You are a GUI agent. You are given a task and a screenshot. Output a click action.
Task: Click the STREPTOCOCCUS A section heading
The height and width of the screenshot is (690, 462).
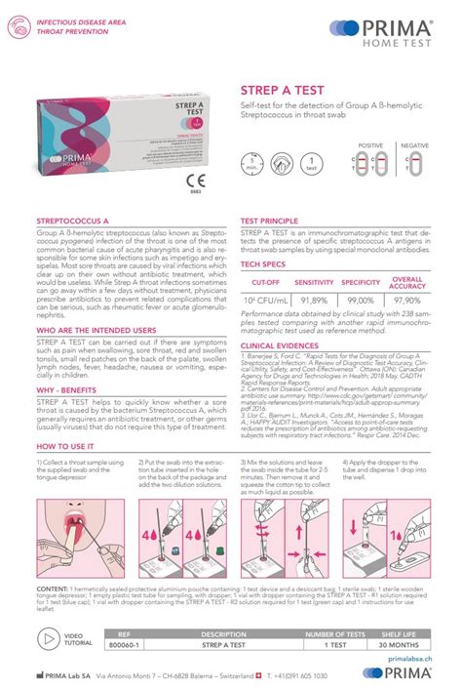[x=72, y=222]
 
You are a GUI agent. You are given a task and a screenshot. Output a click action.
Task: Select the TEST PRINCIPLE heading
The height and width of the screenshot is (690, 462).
[x=269, y=222]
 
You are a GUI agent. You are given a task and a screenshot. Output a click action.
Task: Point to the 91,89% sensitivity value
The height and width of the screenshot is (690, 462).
[x=313, y=301]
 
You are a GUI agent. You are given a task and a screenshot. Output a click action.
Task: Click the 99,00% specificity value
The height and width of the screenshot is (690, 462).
[x=360, y=301]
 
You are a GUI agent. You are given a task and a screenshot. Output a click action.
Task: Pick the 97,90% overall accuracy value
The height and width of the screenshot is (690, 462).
[x=406, y=301]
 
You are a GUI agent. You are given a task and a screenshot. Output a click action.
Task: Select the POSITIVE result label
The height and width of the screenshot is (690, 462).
[x=370, y=145]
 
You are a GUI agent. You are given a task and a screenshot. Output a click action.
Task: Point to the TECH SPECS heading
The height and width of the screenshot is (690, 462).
[x=262, y=264]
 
